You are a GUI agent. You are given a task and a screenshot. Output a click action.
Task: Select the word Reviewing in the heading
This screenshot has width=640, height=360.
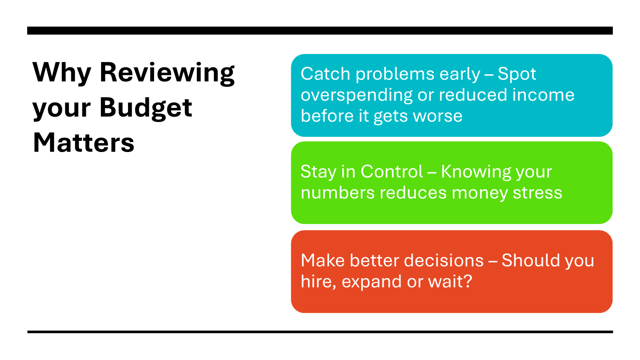tap(167, 74)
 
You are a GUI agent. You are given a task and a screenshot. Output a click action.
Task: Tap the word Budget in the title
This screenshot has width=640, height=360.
tap(146, 108)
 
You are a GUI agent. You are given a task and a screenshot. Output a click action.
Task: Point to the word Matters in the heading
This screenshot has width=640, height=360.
tap(84, 142)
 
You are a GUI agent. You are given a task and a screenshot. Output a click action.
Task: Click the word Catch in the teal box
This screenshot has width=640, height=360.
tap(326, 74)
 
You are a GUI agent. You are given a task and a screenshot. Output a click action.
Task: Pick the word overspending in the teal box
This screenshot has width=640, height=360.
tap(356, 96)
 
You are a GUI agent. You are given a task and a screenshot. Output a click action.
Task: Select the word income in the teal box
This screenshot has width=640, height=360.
tap(543, 95)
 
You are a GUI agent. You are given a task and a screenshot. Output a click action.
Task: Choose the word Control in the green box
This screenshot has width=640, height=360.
tap(392, 172)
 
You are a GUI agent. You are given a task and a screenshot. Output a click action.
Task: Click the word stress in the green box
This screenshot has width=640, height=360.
tap(538, 193)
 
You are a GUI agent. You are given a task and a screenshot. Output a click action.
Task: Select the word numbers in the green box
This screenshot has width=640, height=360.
tap(338, 193)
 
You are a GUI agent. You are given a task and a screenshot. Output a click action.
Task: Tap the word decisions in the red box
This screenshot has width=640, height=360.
tap(444, 260)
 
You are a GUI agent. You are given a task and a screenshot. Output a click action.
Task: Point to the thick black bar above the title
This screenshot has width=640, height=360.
tap(320, 30)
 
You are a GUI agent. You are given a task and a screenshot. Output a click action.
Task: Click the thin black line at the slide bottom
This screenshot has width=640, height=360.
tap(320, 332)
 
